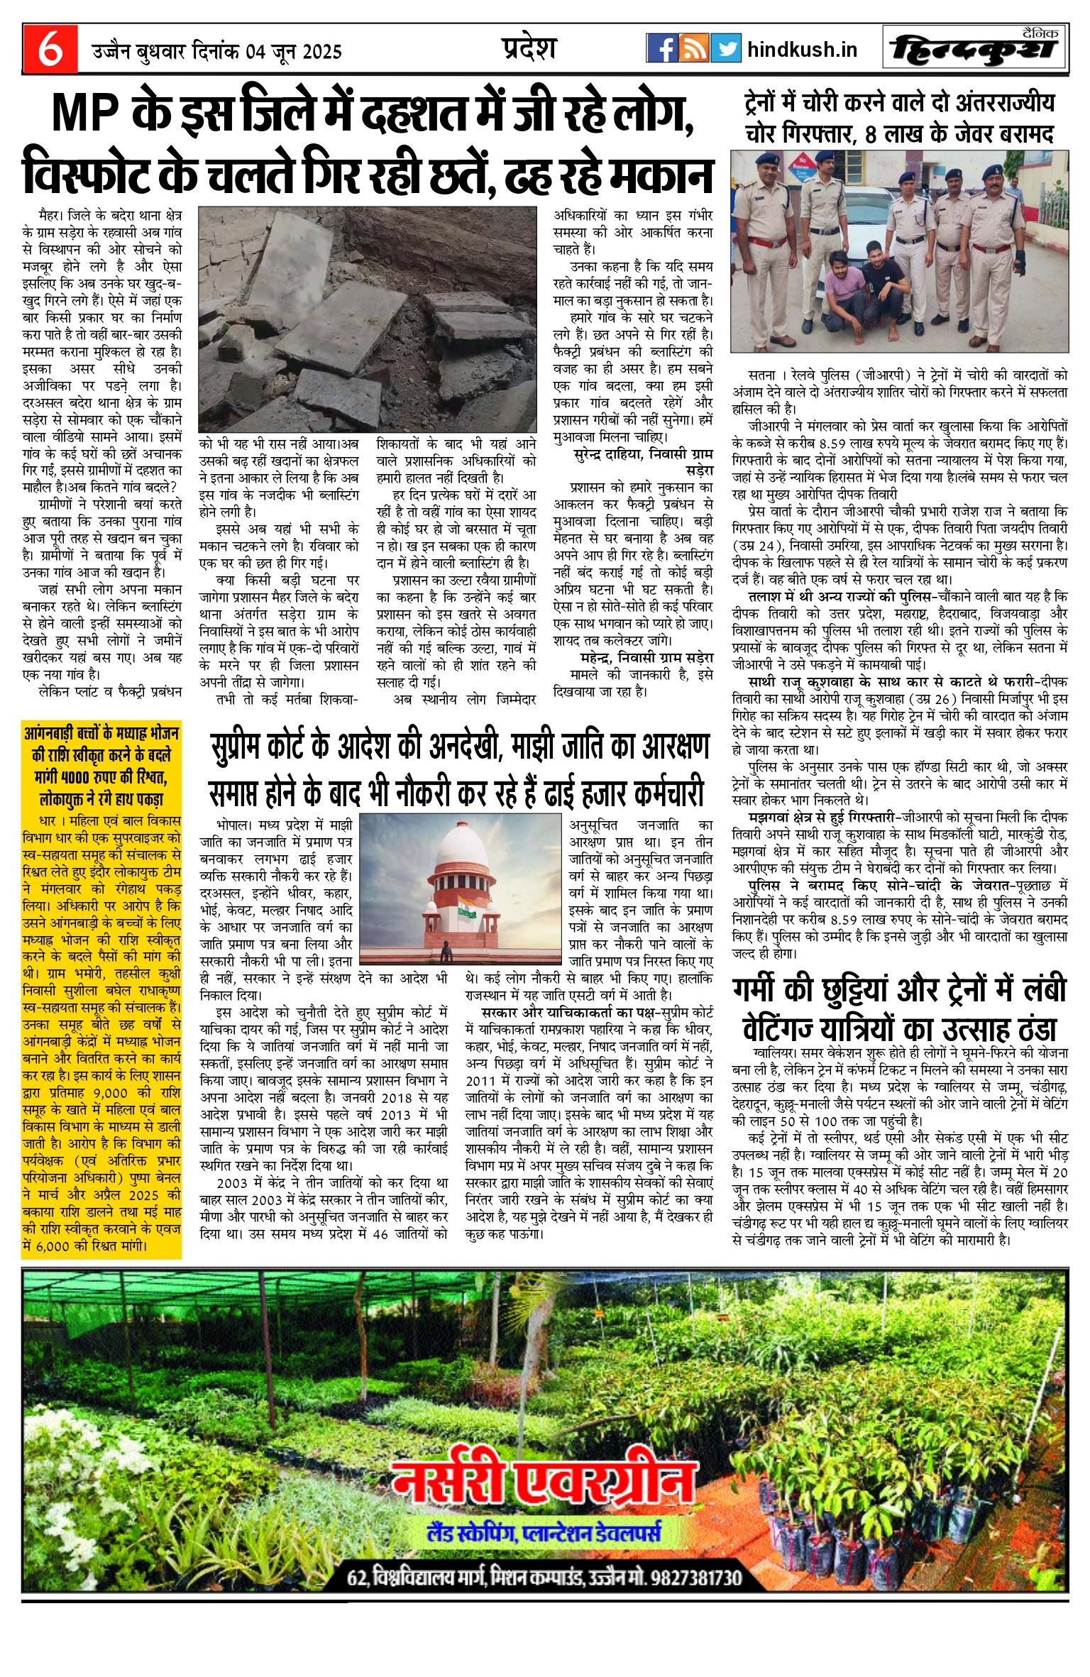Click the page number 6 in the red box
tap(50, 49)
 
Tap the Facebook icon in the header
tap(662, 48)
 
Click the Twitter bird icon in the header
tap(725, 48)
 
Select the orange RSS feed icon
tap(694, 48)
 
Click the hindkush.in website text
tap(802, 50)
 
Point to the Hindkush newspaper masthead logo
tap(975, 50)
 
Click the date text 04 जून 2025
tap(294, 52)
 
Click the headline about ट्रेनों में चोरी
tap(900, 118)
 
